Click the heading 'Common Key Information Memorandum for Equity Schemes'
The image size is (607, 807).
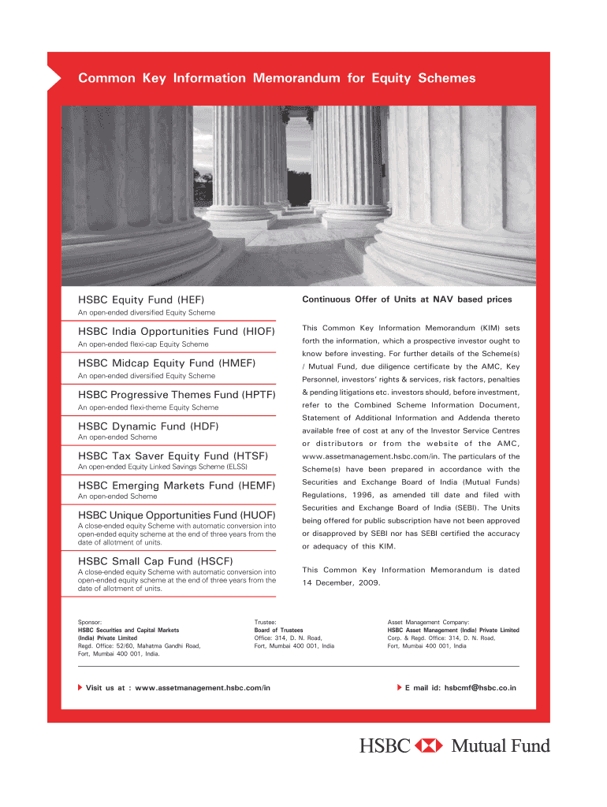277,78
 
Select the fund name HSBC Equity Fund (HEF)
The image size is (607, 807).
141,299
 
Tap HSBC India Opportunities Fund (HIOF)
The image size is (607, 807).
176,332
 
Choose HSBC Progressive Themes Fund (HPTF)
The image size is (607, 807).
176,395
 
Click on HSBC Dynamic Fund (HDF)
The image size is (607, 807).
148,426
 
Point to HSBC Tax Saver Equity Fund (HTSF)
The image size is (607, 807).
173,456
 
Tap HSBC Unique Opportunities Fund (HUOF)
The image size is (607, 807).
176,515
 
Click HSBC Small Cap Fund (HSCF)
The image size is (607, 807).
155,561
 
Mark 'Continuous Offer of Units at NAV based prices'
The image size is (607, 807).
407,299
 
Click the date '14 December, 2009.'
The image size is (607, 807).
341,583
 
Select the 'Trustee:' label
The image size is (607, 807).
265,622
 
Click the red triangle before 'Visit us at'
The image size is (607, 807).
80,688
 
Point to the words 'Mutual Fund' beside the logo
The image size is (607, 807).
501,745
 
